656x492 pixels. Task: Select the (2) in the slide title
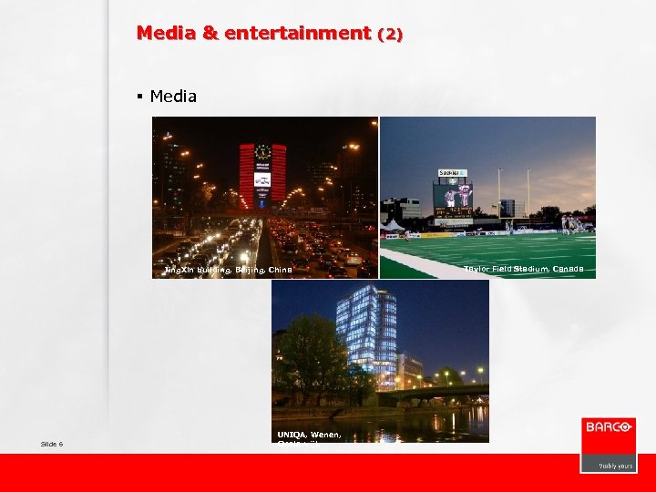(x=389, y=35)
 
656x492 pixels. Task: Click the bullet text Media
(x=173, y=96)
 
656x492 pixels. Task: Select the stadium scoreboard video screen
(x=452, y=195)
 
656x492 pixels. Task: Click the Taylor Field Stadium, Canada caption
(x=523, y=269)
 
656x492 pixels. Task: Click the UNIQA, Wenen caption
(x=309, y=435)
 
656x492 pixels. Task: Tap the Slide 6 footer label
(x=52, y=444)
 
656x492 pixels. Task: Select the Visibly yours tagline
(x=615, y=465)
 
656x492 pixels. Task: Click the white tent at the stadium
(x=393, y=224)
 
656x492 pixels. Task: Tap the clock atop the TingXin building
(x=262, y=152)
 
